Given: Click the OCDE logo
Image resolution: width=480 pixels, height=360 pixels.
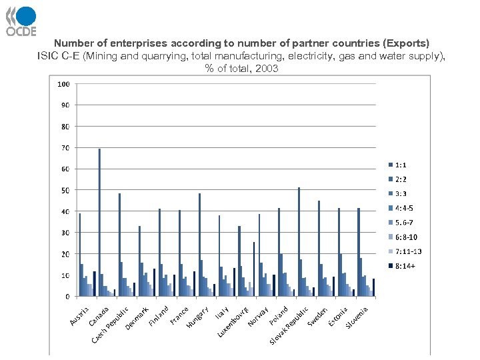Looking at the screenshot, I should (x=21, y=21).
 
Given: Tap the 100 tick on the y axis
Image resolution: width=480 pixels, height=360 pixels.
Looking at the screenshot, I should (x=63, y=85).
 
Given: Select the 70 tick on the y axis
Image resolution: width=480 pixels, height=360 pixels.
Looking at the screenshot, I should (x=65, y=148).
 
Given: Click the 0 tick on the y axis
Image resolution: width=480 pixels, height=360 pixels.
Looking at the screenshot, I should (x=67, y=296).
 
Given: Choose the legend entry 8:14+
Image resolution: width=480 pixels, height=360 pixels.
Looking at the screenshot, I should (x=404, y=266).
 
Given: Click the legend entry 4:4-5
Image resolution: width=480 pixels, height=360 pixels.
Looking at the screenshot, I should (x=404, y=208).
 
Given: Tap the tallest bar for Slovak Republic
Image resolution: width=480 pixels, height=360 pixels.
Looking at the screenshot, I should (x=299, y=242).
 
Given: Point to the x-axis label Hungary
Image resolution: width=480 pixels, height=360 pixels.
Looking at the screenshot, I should (x=199, y=317).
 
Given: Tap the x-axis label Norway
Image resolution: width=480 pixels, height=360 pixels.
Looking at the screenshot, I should (x=259, y=316).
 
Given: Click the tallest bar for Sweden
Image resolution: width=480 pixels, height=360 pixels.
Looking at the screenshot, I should (x=319, y=248).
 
